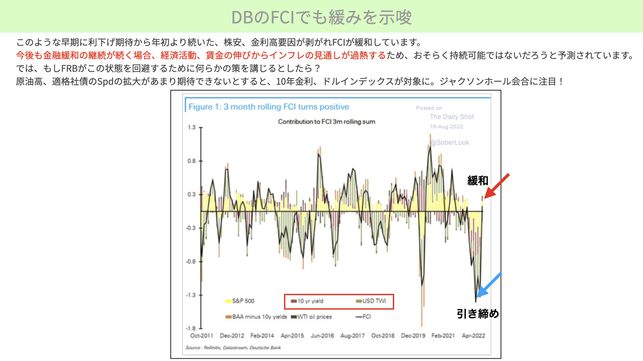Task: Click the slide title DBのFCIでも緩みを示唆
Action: pyautogui.click(x=321, y=17)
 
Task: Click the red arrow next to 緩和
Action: pyautogui.click(x=497, y=186)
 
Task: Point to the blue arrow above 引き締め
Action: pyautogui.click(x=489, y=285)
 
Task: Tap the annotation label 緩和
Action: pyautogui.click(x=478, y=181)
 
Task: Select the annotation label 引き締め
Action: pyautogui.click(x=478, y=314)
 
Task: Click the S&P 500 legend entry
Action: pyautogui.click(x=240, y=301)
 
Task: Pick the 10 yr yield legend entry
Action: pyautogui.click(x=307, y=301)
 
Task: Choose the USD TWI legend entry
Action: pyautogui.click(x=371, y=301)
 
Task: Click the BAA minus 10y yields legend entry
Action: pyautogui.click(x=256, y=317)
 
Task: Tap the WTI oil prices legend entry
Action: pyautogui.click(x=311, y=317)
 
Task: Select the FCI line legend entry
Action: pyautogui.click(x=363, y=317)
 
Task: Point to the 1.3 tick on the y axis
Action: pyautogui.click(x=192, y=127)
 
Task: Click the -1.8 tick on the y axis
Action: pyautogui.click(x=191, y=328)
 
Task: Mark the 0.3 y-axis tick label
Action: pyautogui.click(x=192, y=194)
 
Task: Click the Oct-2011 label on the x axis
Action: pyautogui.click(x=202, y=336)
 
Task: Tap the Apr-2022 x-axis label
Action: pyautogui.click(x=473, y=336)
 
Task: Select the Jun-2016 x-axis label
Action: pyautogui.click(x=322, y=336)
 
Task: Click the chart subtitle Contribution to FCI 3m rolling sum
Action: pyautogui.click(x=327, y=122)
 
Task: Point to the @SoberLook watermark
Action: pyautogui.click(x=450, y=143)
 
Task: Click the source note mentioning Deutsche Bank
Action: pyautogui.click(x=233, y=348)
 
